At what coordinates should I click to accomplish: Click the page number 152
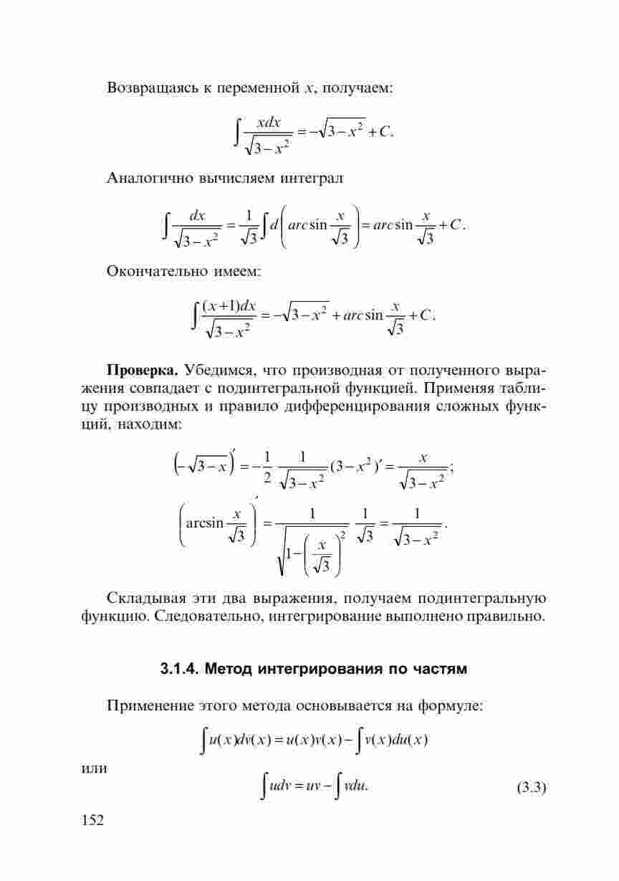point(92,820)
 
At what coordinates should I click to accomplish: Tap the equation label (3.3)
point(531,789)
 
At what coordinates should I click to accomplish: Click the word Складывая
point(145,598)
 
